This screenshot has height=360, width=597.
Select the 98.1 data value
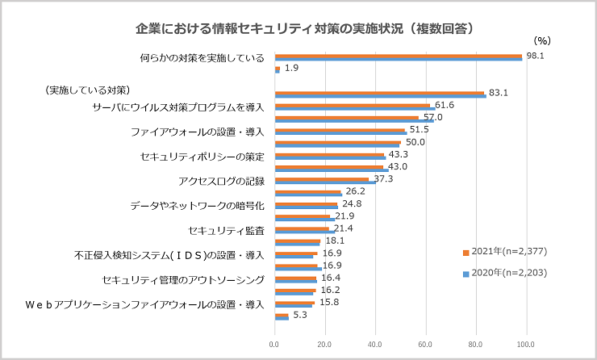pos(536,57)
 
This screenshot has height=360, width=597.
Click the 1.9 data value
pos(291,69)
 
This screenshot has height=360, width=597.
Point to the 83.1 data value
pos(499,93)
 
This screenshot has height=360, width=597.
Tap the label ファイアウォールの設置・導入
pos(198,131)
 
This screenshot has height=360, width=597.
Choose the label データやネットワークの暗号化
pos(198,206)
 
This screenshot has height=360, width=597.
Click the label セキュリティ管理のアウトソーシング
pos(184,281)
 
